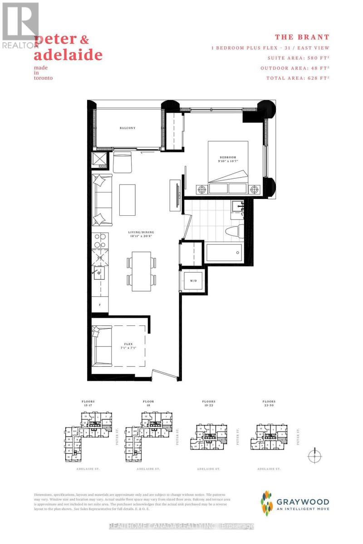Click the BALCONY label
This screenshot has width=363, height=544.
[128, 128]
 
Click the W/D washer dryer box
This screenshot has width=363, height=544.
[193, 281]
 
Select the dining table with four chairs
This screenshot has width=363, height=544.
[141, 271]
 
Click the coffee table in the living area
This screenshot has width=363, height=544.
[128, 199]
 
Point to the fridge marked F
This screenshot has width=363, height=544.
[100, 304]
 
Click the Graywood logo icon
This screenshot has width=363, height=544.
[268, 502]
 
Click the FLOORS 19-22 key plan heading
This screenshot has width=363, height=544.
[209, 403]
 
